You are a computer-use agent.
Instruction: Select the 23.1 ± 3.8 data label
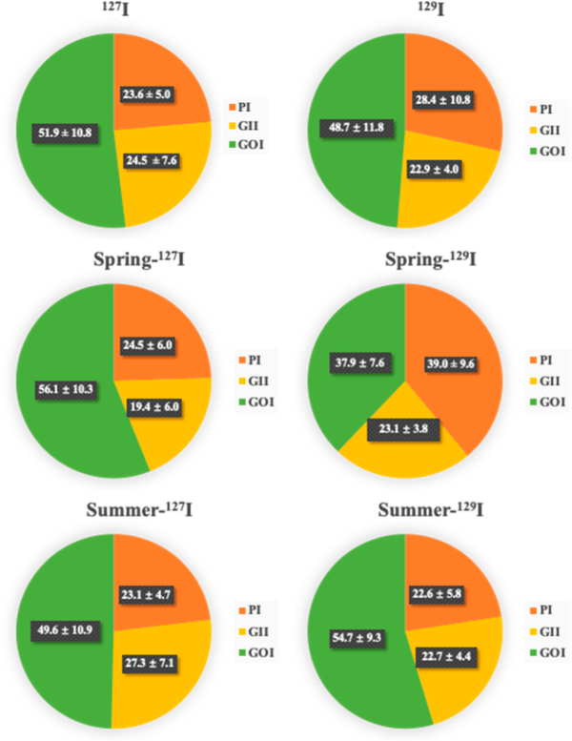coord(403,430)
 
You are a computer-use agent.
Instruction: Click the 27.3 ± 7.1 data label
coord(162,662)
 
